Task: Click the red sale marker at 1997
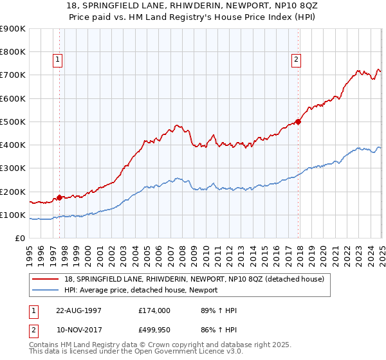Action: tap(60, 197)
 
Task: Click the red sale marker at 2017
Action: tap(299, 122)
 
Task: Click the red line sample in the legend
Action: tap(46, 279)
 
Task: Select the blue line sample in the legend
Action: tap(46, 290)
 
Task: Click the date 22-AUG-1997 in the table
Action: tap(78, 310)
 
